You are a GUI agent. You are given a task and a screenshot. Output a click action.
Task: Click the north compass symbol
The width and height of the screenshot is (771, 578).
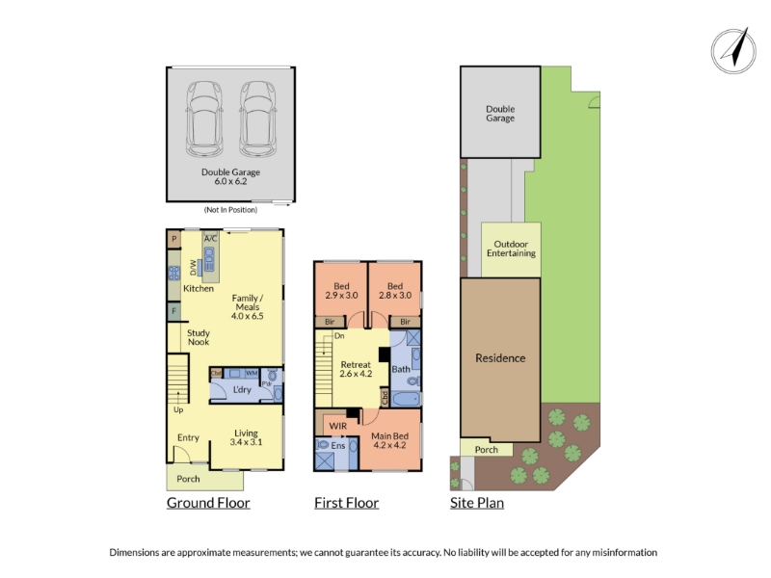pos(733,51)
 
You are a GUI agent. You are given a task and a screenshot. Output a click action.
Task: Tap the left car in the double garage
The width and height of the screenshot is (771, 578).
pos(204,118)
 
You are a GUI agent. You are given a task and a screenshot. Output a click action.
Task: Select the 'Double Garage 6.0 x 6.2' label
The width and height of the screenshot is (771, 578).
pos(230,176)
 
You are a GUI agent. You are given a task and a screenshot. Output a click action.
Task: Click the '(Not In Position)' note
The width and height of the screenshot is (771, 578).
pos(230,210)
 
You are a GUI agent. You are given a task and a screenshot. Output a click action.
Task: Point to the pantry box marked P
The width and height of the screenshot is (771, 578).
pos(173,239)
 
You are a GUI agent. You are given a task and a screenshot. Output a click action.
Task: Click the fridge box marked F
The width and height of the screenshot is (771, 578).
pos(173,311)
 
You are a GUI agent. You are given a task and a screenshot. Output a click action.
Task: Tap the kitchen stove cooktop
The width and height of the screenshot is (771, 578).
pos(174,273)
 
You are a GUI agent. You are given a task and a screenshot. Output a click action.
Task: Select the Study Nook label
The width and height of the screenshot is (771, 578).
pos(199,337)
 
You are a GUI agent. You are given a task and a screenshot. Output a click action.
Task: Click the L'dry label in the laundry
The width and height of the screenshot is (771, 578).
pos(242,390)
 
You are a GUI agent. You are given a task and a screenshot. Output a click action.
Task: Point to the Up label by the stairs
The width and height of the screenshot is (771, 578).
pos(178,410)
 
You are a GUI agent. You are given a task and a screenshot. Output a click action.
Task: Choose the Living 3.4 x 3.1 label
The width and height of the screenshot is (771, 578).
pos(246,437)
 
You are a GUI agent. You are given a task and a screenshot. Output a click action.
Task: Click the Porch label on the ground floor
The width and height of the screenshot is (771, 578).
pos(188,479)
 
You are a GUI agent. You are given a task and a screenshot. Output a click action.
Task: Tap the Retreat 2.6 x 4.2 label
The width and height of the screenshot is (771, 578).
pos(356,369)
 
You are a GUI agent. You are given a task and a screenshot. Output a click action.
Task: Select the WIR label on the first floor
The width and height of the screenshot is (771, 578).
pos(338,426)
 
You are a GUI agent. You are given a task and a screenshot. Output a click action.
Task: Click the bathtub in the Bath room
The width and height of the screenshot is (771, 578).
pos(406,399)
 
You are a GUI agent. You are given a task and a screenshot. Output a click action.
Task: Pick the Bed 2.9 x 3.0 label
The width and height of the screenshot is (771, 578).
pos(341,291)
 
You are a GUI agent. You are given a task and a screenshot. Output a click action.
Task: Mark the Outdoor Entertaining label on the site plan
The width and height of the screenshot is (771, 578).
pos(511,249)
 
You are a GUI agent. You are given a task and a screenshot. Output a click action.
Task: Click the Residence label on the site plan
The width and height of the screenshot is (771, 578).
pos(500,358)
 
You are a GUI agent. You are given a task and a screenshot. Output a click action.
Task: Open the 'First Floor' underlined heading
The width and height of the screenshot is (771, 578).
pos(347,503)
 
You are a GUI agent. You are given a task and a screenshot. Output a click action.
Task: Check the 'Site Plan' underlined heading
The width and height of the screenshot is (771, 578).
pos(477,503)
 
